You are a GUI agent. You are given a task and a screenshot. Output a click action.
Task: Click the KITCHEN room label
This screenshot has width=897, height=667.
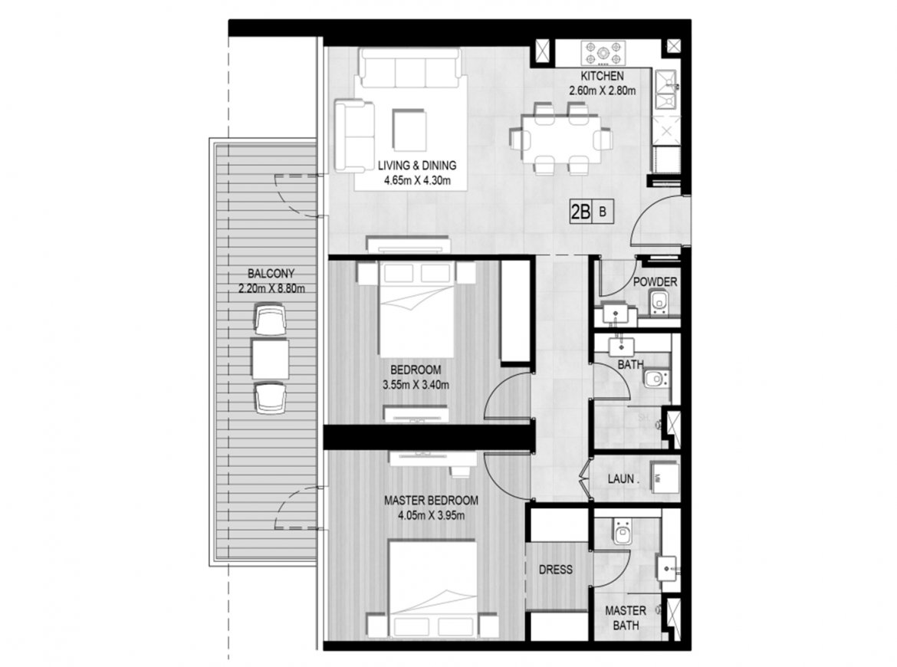tap(602, 76)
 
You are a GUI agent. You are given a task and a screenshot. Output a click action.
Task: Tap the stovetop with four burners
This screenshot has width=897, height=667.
tap(603, 54)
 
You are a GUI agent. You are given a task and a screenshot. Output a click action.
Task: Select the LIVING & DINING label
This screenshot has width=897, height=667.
tap(417, 166)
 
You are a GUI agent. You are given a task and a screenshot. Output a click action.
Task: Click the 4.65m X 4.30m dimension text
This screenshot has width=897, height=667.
tap(417, 182)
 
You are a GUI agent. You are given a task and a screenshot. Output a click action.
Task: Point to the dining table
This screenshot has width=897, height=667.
tap(560, 139)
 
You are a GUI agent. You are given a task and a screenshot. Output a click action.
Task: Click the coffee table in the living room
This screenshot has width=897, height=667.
tap(409, 130)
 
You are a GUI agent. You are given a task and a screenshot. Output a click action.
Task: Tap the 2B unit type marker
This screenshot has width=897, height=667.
tap(580, 212)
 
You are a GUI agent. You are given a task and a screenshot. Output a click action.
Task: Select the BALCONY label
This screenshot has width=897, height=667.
tap(271, 274)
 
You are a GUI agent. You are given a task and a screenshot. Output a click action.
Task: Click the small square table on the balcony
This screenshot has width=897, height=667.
tap(270, 359)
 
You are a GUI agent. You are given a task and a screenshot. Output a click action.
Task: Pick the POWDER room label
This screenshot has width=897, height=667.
tap(655, 282)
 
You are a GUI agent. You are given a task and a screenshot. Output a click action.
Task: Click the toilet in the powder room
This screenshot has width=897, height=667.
tap(659, 303)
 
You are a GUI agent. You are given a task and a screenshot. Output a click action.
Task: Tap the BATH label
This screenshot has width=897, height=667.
tap(630, 364)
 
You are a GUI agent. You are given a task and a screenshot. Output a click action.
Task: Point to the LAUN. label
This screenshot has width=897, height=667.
tap(623, 479)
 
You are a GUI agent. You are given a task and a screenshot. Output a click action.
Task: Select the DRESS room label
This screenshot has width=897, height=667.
tap(556, 570)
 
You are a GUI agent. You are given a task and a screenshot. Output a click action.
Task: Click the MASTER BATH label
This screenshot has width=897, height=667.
tap(626, 619)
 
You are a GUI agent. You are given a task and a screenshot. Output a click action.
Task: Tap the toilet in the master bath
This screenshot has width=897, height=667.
tap(621, 532)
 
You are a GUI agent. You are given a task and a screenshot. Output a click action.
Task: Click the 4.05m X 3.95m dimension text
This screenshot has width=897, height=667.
tap(431, 516)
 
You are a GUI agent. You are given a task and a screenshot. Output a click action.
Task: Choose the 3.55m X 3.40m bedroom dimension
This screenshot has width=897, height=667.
tap(416, 385)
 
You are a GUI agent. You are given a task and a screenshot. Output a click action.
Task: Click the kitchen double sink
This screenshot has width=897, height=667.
tap(666, 90)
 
